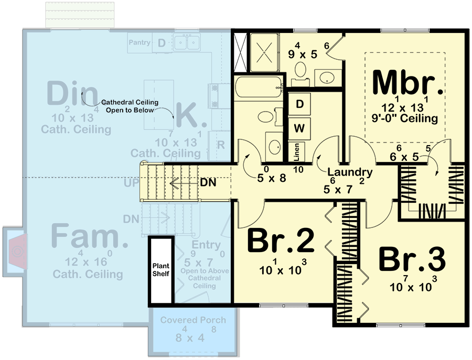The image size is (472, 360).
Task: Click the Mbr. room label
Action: (x=404, y=83)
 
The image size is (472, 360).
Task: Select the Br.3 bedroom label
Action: (x=412, y=259)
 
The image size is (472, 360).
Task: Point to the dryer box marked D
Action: (x=299, y=104)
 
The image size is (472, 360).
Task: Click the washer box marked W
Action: (x=299, y=127)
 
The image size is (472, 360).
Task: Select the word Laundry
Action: (x=350, y=172)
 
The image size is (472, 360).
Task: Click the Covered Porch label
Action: (x=193, y=320)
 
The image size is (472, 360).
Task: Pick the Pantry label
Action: (x=140, y=42)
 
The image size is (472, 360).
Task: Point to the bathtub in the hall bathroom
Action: (x=259, y=86)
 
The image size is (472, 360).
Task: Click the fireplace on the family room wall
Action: (x=17, y=252)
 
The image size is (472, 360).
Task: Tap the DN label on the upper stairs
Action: (x=208, y=183)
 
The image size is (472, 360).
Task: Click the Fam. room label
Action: (x=90, y=237)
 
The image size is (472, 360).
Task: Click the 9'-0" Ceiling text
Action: (x=410, y=119)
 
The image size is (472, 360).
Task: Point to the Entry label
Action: (x=206, y=245)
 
